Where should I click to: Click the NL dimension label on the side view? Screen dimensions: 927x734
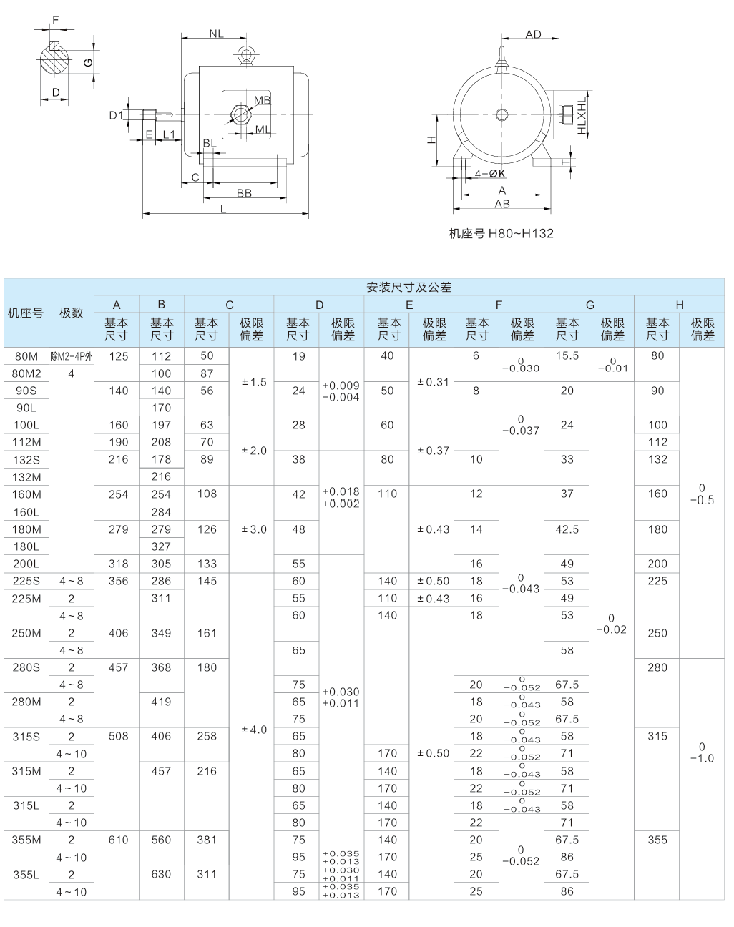pyautogui.click(x=216, y=34)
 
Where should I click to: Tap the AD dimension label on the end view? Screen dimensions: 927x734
pyautogui.click(x=533, y=34)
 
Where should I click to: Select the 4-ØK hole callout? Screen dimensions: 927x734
pyautogui.click(x=491, y=174)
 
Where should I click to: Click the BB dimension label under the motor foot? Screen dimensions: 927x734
pyautogui.click(x=244, y=193)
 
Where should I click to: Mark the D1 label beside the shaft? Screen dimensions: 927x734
pyautogui.click(x=116, y=115)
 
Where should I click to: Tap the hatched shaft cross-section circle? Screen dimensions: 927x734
pyautogui.click(x=55, y=60)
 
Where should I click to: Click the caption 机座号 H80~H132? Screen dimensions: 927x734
pyautogui.click(x=501, y=233)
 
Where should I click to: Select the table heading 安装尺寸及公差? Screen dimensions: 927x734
pyautogui.click(x=408, y=288)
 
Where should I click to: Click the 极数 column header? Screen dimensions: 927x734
pyautogui.click(x=71, y=313)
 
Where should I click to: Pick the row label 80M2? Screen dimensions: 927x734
pyautogui.click(x=26, y=373)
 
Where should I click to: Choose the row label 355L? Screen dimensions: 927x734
pyautogui.click(x=26, y=874)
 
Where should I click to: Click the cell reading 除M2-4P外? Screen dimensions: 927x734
pyautogui.click(x=71, y=356)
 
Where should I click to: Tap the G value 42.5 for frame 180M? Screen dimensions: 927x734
pyautogui.click(x=567, y=529)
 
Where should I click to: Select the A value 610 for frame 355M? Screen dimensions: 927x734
pyautogui.click(x=118, y=840)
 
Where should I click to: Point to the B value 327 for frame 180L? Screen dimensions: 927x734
pyautogui.click(x=162, y=546)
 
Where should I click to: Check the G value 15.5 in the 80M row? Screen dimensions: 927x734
pyautogui.click(x=567, y=355)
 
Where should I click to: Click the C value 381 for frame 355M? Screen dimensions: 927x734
pyautogui.click(x=207, y=840)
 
